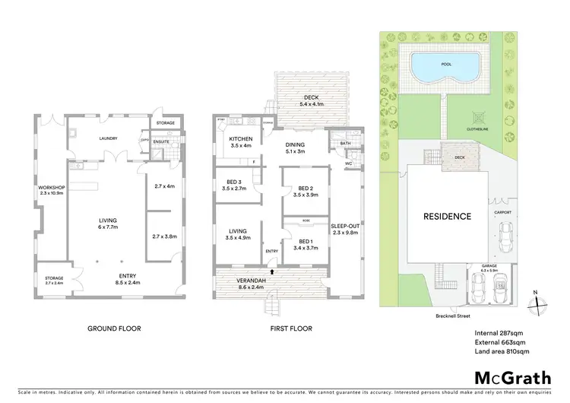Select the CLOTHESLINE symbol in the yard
[x=477, y=119]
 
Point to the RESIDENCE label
[x=447, y=217]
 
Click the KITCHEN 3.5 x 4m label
[x=241, y=142]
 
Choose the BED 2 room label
[x=306, y=192]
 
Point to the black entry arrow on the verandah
[x=271, y=269]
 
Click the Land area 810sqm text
[x=501, y=351]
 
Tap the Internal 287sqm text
[x=498, y=332]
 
